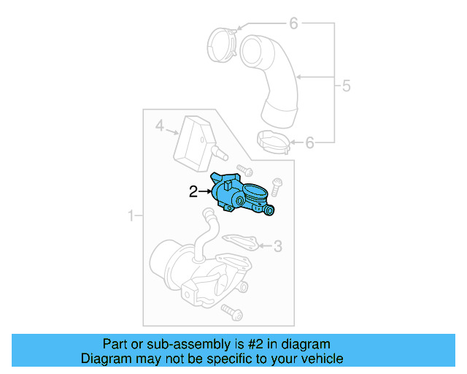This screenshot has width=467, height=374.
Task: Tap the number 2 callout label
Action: coord(193,192)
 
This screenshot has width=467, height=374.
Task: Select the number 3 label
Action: coord(277,247)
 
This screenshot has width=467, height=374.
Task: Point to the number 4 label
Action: coord(159,127)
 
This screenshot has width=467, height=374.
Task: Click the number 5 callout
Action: coord(346,86)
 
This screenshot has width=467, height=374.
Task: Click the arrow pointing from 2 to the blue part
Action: coord(205,192)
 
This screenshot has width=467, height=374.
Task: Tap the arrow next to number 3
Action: coord(264,246)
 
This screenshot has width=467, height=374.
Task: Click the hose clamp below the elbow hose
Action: coord(272,140)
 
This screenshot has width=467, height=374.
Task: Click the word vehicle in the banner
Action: coord(318,359)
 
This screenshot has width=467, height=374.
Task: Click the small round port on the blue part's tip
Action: coord(270,211)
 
